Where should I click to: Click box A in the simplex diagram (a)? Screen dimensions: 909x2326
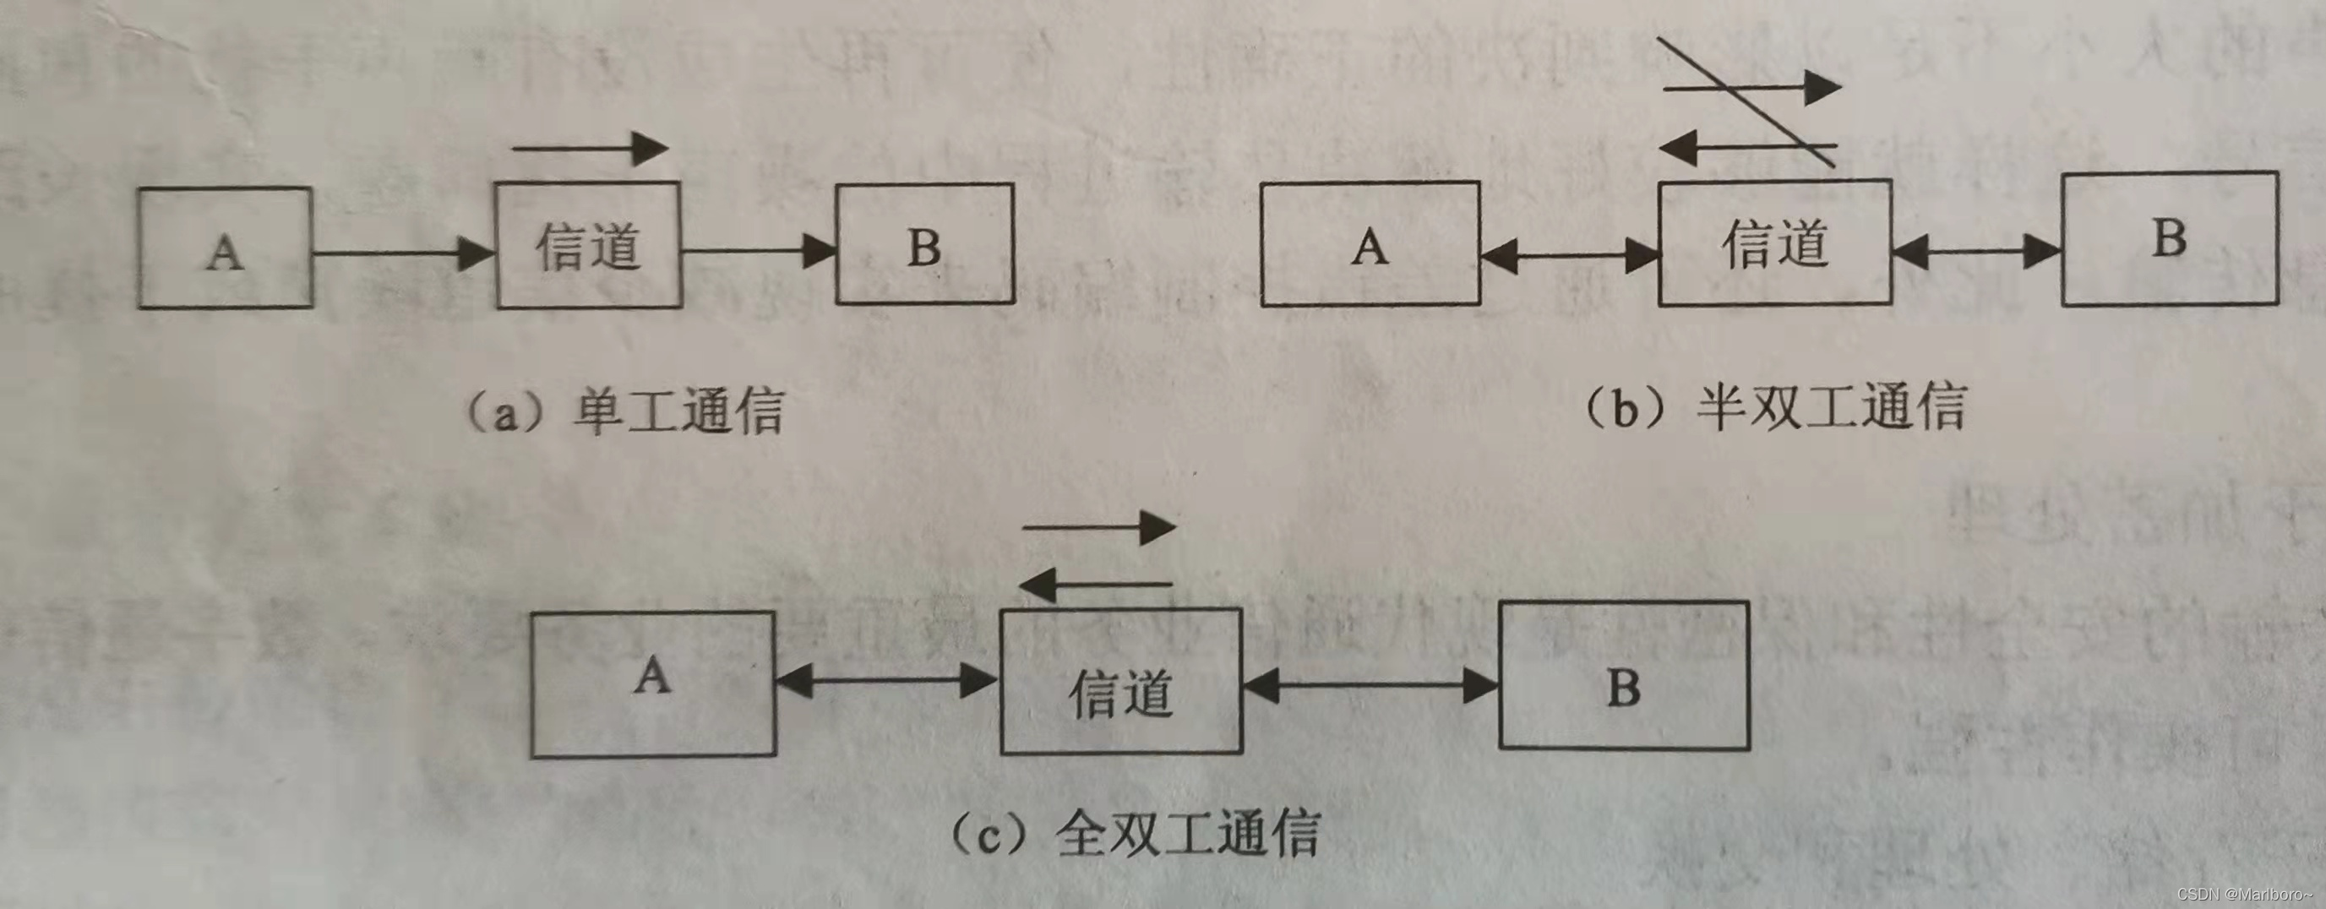225,248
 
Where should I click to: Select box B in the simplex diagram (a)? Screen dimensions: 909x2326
924,245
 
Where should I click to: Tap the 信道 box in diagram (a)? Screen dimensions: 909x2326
588,246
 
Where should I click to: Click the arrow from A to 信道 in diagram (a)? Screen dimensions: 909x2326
404,253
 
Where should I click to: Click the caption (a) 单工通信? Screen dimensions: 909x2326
623,411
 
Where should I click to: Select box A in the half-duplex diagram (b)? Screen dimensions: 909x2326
1370,244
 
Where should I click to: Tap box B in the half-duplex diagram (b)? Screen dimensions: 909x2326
2169,239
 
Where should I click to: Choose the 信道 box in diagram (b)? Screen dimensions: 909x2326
1775,242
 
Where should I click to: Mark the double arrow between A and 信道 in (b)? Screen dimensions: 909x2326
1569,255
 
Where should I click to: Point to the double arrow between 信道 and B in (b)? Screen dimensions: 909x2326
1976,251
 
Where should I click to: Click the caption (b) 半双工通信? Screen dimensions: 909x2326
1774,407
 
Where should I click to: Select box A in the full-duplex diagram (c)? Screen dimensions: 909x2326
653,683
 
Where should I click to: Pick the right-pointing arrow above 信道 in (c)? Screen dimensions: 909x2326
1100,527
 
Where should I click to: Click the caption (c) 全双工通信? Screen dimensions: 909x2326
1136,833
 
